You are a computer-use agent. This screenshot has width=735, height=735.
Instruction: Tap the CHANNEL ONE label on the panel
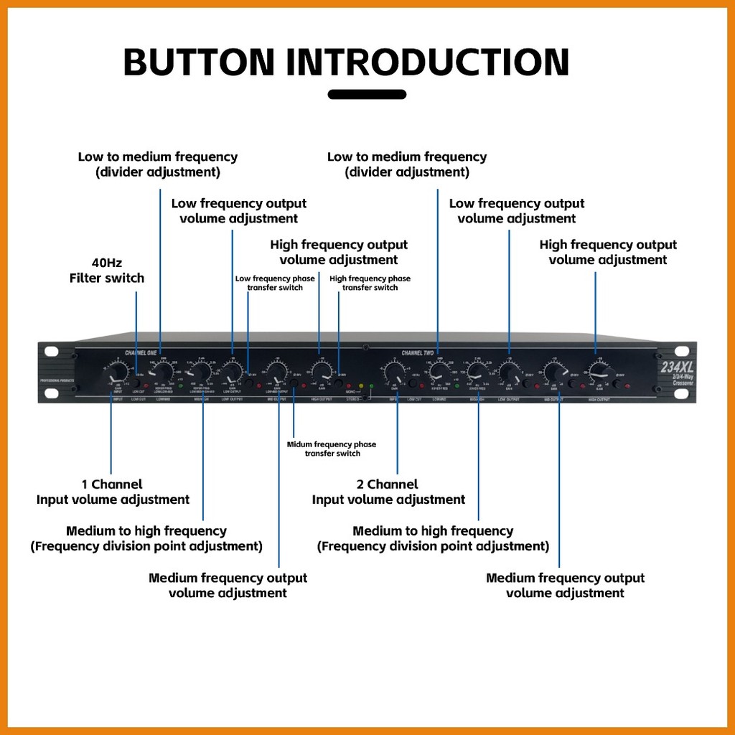click(140, 352)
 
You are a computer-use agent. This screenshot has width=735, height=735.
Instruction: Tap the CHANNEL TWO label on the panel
click(417, 352)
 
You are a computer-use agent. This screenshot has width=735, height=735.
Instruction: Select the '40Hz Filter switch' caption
click(107, 271)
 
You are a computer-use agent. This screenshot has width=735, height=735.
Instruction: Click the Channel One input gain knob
click(113, 374)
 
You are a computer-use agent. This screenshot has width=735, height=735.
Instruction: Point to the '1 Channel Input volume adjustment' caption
click(113, 492)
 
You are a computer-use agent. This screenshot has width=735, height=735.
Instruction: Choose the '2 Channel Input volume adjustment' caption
click(388, 492)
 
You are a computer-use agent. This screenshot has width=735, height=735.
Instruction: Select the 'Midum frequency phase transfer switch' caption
click(331, 449)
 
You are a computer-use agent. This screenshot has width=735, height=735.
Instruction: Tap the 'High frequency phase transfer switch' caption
click(370, 283)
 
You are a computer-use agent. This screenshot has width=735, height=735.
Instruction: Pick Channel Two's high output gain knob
click(597, 371)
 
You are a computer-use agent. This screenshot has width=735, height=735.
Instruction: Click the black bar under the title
click(367, 94)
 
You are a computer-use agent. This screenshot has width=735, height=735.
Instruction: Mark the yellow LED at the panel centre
click(361, 385)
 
